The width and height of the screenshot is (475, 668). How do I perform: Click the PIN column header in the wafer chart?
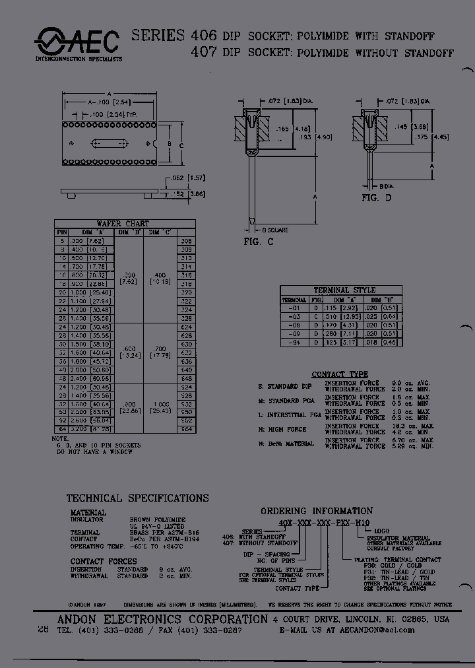tap(61, 232)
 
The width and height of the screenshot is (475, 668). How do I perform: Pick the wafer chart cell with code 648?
tap(186, 379)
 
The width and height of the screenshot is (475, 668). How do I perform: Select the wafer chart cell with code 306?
tap(186, 241)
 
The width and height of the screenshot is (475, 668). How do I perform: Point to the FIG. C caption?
tap(259, 242)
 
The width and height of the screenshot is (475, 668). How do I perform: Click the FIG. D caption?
tap(376, 197)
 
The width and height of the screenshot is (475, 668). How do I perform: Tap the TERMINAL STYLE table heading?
tap(344, 290)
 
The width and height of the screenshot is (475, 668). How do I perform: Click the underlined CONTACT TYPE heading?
tap(340, 374)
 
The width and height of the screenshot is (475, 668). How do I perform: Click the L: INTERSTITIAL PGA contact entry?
tap(284, 415)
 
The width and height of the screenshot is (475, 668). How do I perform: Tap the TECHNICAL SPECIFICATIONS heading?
tap(137, 498)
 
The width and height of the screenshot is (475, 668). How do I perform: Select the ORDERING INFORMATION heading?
tap(316, 511)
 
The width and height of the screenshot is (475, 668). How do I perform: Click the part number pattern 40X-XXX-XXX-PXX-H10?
tap(319, 522)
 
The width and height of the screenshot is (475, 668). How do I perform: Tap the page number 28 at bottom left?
tap(43, 630)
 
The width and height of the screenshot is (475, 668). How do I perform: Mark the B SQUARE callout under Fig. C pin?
tap(275, 230)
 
